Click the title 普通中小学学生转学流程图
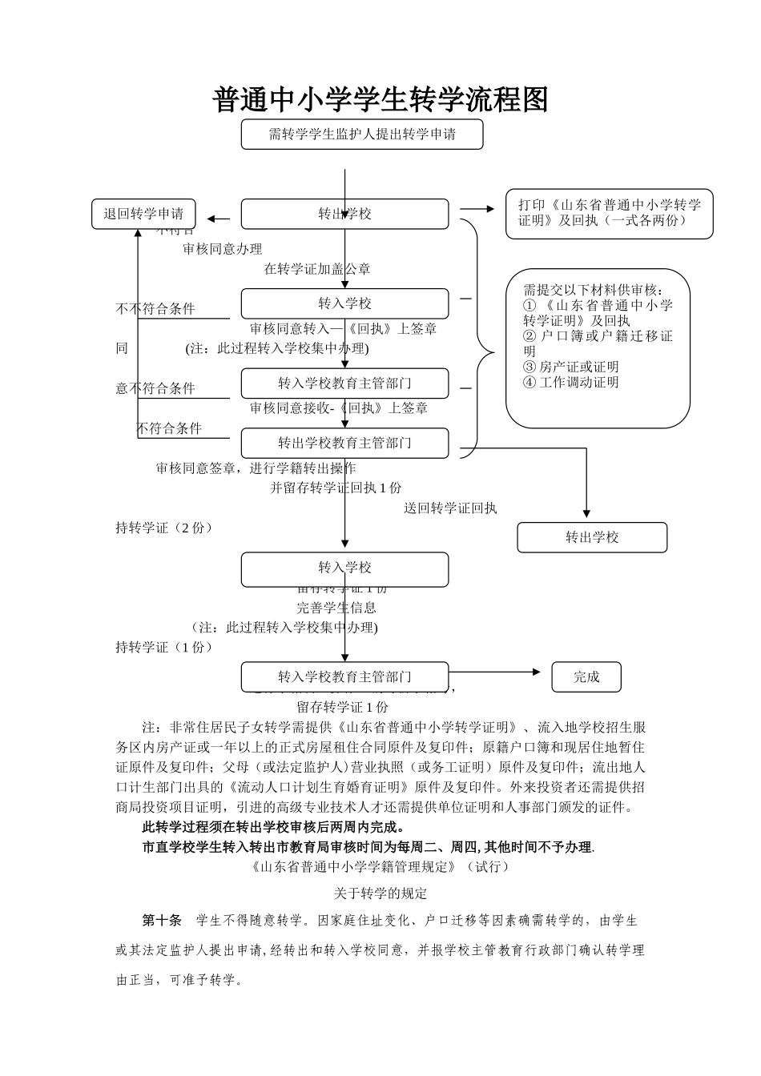[x=380, y=100]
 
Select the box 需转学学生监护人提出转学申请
[x=362, y=134]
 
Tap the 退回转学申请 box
[x=143, y=214]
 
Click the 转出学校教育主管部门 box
[x=344, y=443]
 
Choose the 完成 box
[x=586, y=677]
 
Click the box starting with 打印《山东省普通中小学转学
[x=609, y=213]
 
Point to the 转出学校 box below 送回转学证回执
[x=592, y=537]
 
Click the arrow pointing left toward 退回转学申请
[x=218, y=219]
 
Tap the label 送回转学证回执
[x=450, y=508]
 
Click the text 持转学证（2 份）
[x=165, y=528]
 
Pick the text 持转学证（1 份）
[x=165, y=647]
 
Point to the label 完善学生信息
[x=336, y=608]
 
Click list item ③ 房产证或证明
[x=570, y=367]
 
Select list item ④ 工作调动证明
[x=570, y=382]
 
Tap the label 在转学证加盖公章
[x=317, y=269]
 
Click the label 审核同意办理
[x=222, y=249]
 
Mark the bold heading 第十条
[x=162, y=920]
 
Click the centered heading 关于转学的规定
[x=380, y=893]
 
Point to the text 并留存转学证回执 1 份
[x=336, y=488]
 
